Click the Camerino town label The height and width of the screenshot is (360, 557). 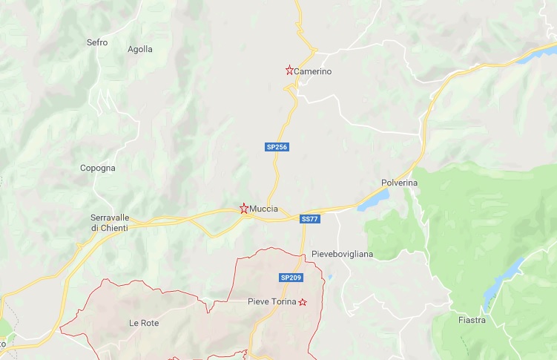point(312,71)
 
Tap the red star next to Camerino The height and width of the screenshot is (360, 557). point(289,71)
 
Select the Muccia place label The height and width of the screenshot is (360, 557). point(264,209)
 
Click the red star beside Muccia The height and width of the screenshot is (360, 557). point(244,209)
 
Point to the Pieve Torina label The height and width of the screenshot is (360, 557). point(271,302)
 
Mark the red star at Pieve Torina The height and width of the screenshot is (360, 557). point(302,302)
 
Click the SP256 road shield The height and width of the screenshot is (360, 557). point(277,147)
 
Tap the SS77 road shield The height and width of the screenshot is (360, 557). point(310,219)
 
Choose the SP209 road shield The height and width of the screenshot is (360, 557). point(290,278)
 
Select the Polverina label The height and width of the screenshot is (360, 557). point(400,182)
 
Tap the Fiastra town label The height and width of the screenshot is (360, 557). point(472,320)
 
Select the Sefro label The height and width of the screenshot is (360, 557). point(97,42)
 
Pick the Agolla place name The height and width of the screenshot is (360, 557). point(140,49)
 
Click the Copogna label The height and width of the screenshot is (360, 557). point(98,168)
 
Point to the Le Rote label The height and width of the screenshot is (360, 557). point(144,323)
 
